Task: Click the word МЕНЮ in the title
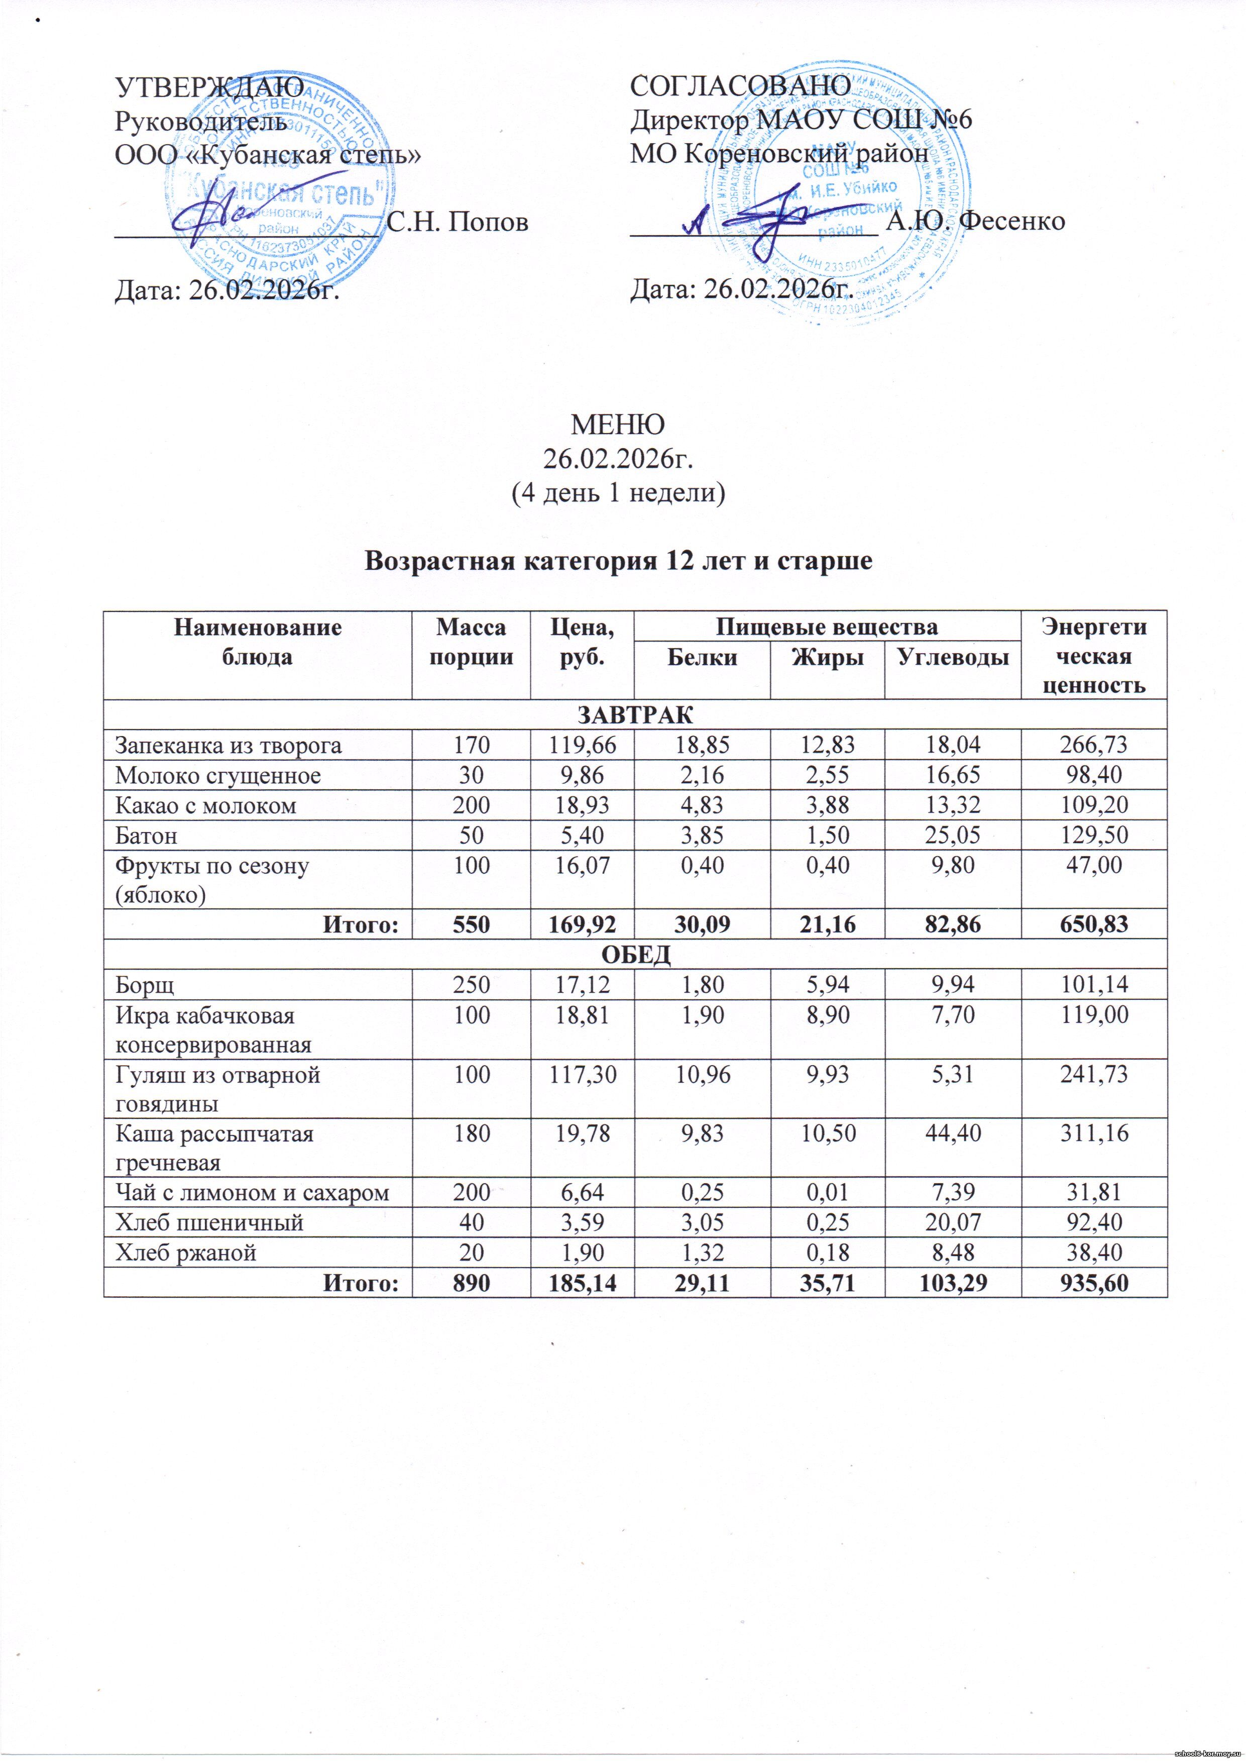(x=618, y=424)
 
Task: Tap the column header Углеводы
(x=952, y=657)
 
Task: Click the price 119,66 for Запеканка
(x=582, y=745)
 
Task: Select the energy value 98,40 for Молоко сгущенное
(x=1093, y=775)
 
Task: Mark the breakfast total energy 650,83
(x=1093, y=924)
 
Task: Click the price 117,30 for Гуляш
(x=582, y=1074)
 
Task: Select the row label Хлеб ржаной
(x=186, y=1253)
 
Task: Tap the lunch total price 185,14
(x=582, y=1282)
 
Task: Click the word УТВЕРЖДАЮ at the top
(x=209, y=87)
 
